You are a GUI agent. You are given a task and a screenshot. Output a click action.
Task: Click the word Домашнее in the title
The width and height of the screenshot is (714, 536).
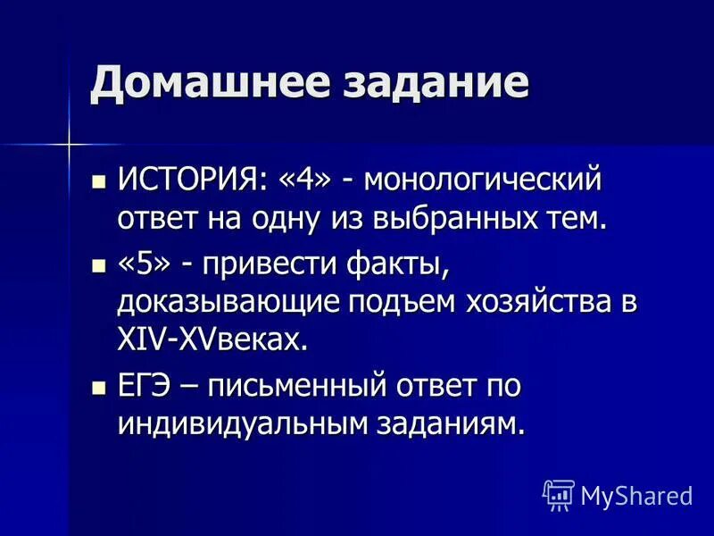tap(195, 84)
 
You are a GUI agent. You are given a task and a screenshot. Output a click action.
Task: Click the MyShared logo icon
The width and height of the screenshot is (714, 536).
tap(559, 494)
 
